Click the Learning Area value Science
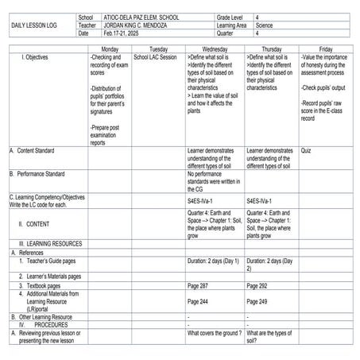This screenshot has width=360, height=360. pos(267,25)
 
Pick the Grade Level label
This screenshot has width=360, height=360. pos(232,17)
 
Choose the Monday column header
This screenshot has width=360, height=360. pos(110,49)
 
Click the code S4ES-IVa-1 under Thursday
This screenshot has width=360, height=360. pos(261,201)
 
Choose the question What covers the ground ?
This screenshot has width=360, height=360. pos(215,333)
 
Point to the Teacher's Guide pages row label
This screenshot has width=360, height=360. pos(51,261)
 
